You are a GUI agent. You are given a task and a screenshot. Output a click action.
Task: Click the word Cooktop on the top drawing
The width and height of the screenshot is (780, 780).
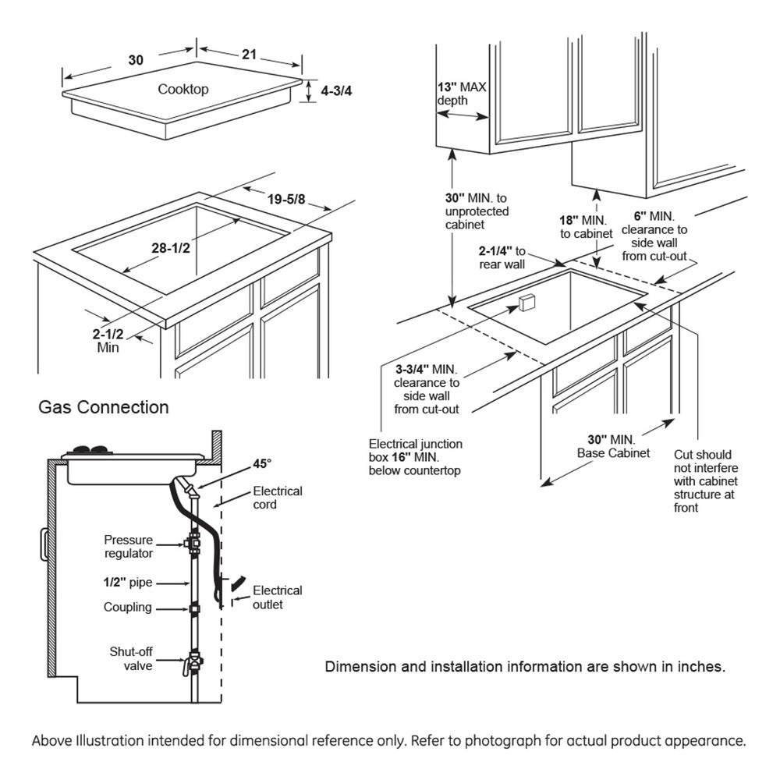tap(183, 89)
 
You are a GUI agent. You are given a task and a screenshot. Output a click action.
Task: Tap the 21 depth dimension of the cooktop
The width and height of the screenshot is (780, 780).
tap(249, 54)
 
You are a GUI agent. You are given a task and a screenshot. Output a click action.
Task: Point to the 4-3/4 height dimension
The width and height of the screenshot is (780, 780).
tap(337, 90)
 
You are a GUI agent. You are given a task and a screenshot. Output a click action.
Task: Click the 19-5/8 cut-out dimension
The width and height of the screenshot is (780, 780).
tap(285, 200)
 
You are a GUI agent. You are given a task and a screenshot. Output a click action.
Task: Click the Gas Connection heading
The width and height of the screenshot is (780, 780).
tap(104, 407)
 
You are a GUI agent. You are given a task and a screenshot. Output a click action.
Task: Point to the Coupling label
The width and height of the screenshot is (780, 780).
tap(128, 608)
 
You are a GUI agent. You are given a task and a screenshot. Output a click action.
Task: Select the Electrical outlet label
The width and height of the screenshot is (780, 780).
tap(276, 597)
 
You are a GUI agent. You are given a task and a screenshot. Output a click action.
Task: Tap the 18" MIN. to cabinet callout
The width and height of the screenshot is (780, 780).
tap(580, 226)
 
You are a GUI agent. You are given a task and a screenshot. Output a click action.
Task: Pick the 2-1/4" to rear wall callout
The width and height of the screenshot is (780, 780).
tap(503, 258)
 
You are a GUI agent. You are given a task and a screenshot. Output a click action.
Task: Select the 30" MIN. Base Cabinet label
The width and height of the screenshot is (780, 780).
tap(613, 446)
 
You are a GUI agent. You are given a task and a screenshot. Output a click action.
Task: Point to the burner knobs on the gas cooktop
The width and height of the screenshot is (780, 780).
tap(87, 449)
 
